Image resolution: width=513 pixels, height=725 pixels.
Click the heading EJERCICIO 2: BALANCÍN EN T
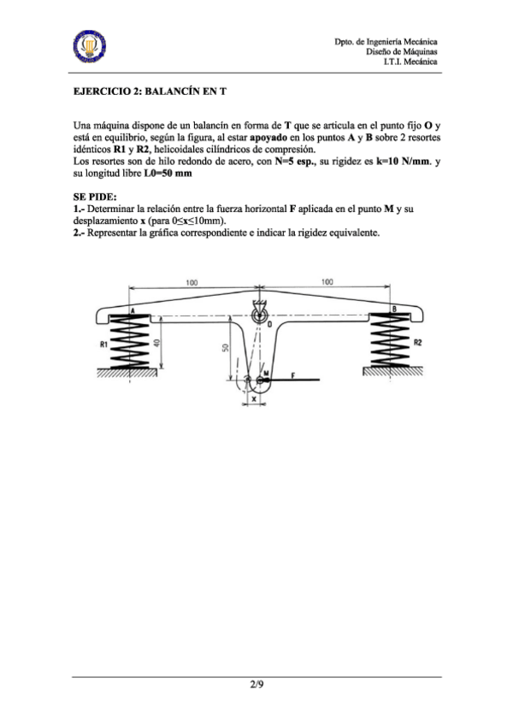154,89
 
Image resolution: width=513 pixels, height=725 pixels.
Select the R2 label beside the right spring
417,342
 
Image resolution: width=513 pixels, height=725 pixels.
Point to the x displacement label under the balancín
253,398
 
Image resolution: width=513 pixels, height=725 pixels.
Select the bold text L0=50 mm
168,172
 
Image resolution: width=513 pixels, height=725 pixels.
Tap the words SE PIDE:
93,196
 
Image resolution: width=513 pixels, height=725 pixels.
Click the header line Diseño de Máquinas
403,51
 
